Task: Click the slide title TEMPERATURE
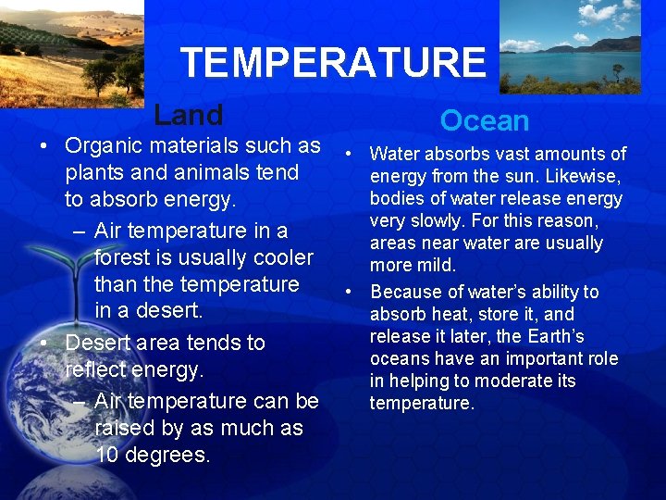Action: click(x=333, y=63)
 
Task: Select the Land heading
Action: click(x=189, y=115)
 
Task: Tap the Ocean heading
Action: click(x=484, y=120)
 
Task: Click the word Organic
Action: click(x=103, y=145)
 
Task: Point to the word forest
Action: click(x=128, y=257)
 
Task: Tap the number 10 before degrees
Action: click(x=108, y=455)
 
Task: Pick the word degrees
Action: click(x=167, y=456)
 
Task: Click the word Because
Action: click(x=406, y=292)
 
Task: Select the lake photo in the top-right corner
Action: click(x=571, y=46)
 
